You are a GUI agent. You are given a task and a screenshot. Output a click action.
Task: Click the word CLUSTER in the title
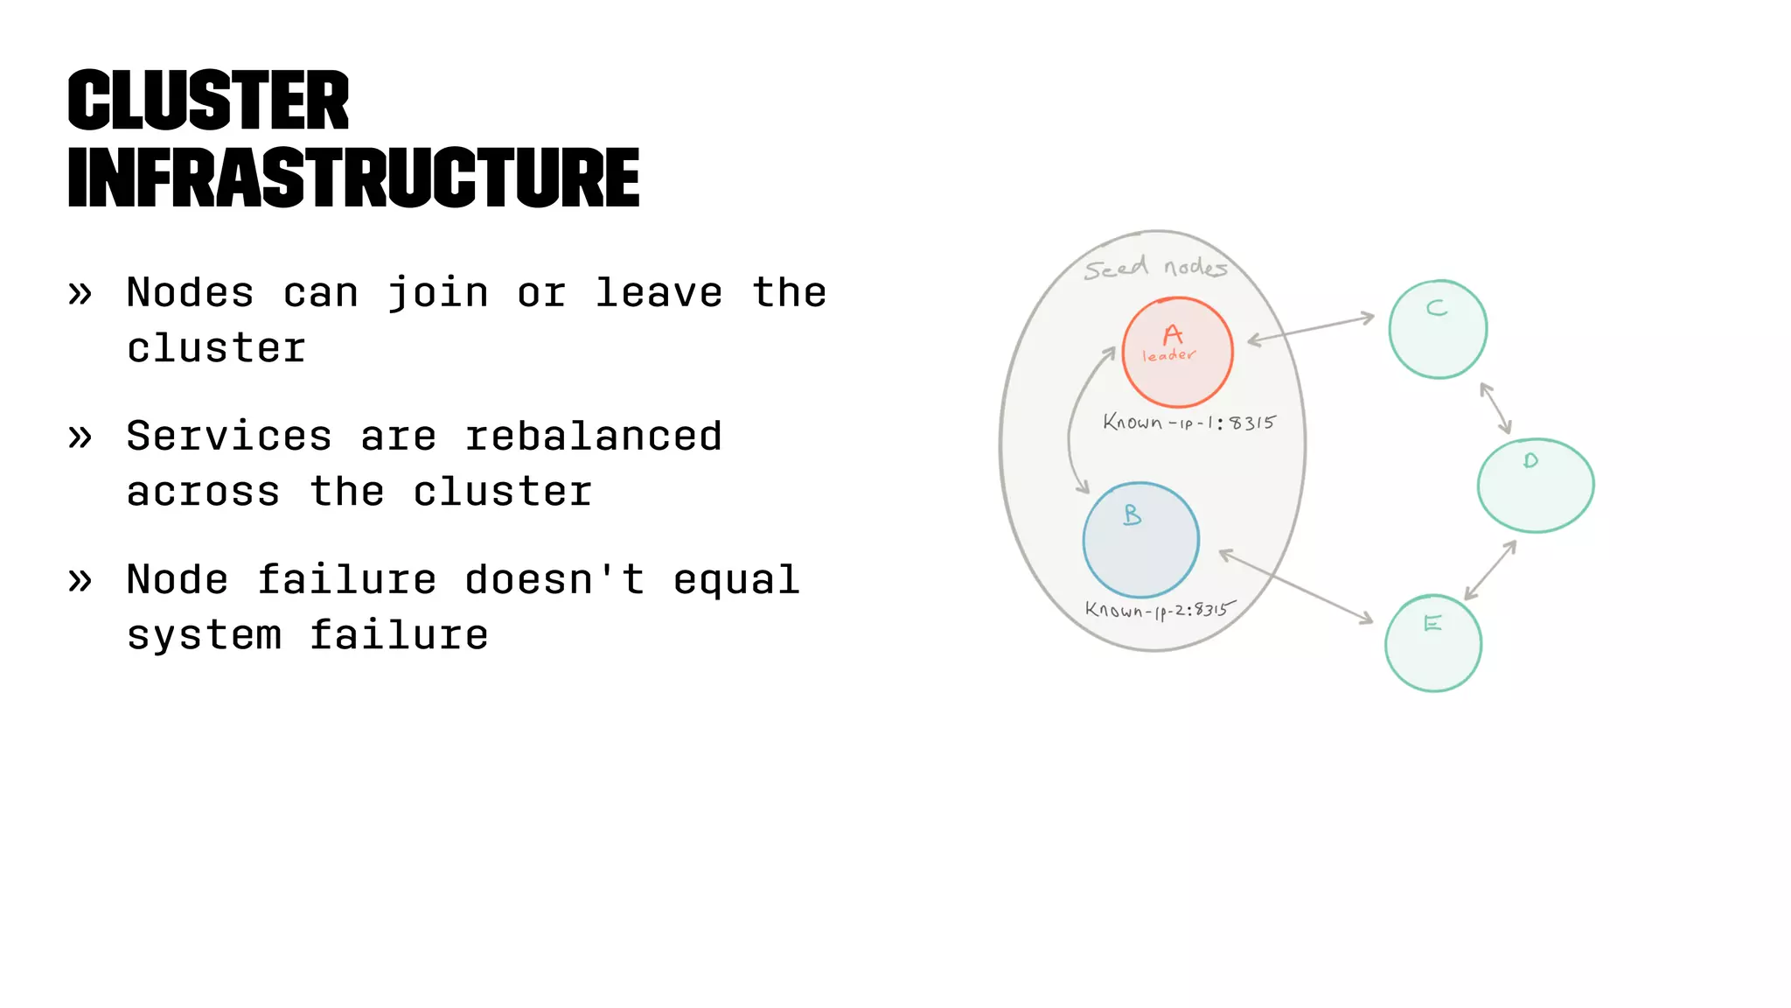coord(208,101)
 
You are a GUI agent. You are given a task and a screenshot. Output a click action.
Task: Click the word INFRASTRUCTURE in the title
coord(353,178)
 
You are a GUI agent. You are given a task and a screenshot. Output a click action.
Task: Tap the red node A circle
coord(1177,352)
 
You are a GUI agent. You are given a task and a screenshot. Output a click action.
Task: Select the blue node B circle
coord(1140,540)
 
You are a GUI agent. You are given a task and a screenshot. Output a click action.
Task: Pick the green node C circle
coord(1438,329)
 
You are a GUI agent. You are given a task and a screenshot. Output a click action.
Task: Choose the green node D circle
coord(1535,486)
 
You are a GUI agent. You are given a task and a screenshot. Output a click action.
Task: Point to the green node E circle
coord(1432,644)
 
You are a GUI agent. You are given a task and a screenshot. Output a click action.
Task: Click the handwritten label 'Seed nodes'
coord(1155,268)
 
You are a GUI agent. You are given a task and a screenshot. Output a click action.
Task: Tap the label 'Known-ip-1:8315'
coord(1188,423)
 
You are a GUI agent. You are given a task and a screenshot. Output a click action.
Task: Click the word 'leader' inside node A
coord(1168,355)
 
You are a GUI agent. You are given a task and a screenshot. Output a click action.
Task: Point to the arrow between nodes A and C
coord(1310,329)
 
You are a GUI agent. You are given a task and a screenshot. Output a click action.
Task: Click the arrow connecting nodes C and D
coord(1495,408)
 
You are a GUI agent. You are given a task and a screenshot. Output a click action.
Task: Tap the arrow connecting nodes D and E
coord(1490,570)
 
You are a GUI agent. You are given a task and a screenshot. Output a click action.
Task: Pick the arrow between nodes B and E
coord(1295,586)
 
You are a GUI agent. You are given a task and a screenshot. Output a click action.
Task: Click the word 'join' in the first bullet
coord(437,292)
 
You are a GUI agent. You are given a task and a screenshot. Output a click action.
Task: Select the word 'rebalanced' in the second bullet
coord(593,436)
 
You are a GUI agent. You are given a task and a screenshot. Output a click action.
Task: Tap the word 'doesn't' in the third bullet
coord(554,579)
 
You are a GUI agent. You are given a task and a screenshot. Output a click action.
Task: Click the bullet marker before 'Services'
coord(80,436)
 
